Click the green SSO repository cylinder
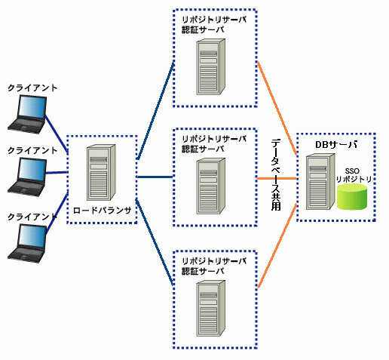pos(352,197)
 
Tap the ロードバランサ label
pos(102,211)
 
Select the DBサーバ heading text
pos(336,145)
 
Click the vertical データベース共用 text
pos(276,175)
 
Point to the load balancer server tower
pos(101,172)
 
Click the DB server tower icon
pos(320,182)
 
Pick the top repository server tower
pos(210,66)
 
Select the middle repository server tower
pos(210,186)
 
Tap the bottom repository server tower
pos(210,308)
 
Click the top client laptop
pos(27,114)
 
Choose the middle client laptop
pos(27,177)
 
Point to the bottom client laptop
pos(27,243)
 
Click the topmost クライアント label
pos(32,88)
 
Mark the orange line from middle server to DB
pos(277,179)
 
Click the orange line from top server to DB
pos(277,108)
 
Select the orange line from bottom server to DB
pos(277,246)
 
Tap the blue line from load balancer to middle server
pos(155,177)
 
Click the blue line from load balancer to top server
pos(155,111)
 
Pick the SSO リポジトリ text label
pos(354,175)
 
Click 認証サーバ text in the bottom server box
pos(203,271)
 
